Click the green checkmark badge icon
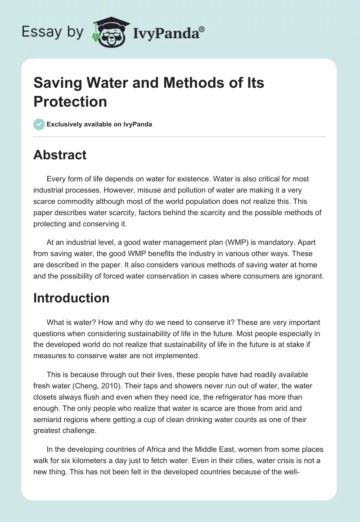point(39,124)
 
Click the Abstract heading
point(60,155)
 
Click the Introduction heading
point(71,298)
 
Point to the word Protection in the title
point(70,101)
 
